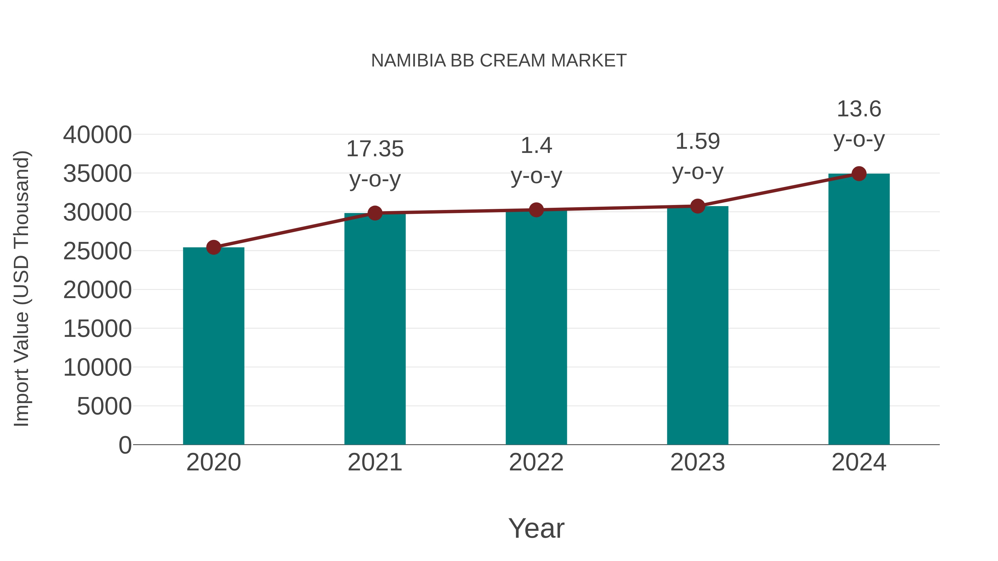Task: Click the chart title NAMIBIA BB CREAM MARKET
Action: coord(499,61)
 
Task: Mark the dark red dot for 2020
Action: coord(213,247)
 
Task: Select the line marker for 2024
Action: coord(859,174)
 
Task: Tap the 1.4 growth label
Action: coord(536,146)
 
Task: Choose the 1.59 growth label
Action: coord(697,141)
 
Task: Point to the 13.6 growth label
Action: coord(859,109)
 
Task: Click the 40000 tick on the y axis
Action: coord(97,135)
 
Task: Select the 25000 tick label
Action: coord(97,251)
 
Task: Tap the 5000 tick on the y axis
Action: coord(104,406)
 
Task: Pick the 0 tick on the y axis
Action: coord(125,445)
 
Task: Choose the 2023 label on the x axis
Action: coord(697,462)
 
